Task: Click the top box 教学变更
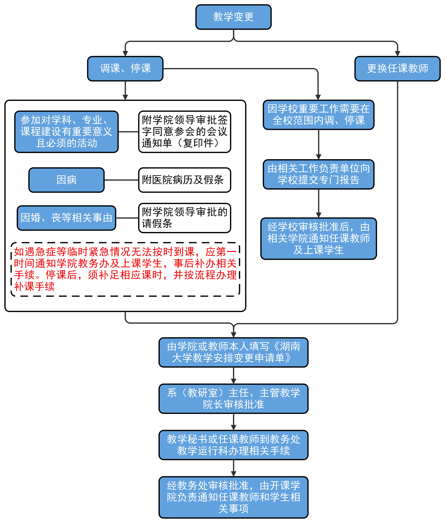(233, 17)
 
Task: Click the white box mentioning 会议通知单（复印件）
(184, 132)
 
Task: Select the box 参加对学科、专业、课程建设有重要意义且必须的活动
(66, 132)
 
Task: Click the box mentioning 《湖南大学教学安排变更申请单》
(233, 352)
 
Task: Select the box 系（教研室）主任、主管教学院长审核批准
(233, 398)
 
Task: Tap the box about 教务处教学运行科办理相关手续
(233, 445)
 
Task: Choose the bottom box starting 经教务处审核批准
(233, 497)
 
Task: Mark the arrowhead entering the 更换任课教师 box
(398, 53)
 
